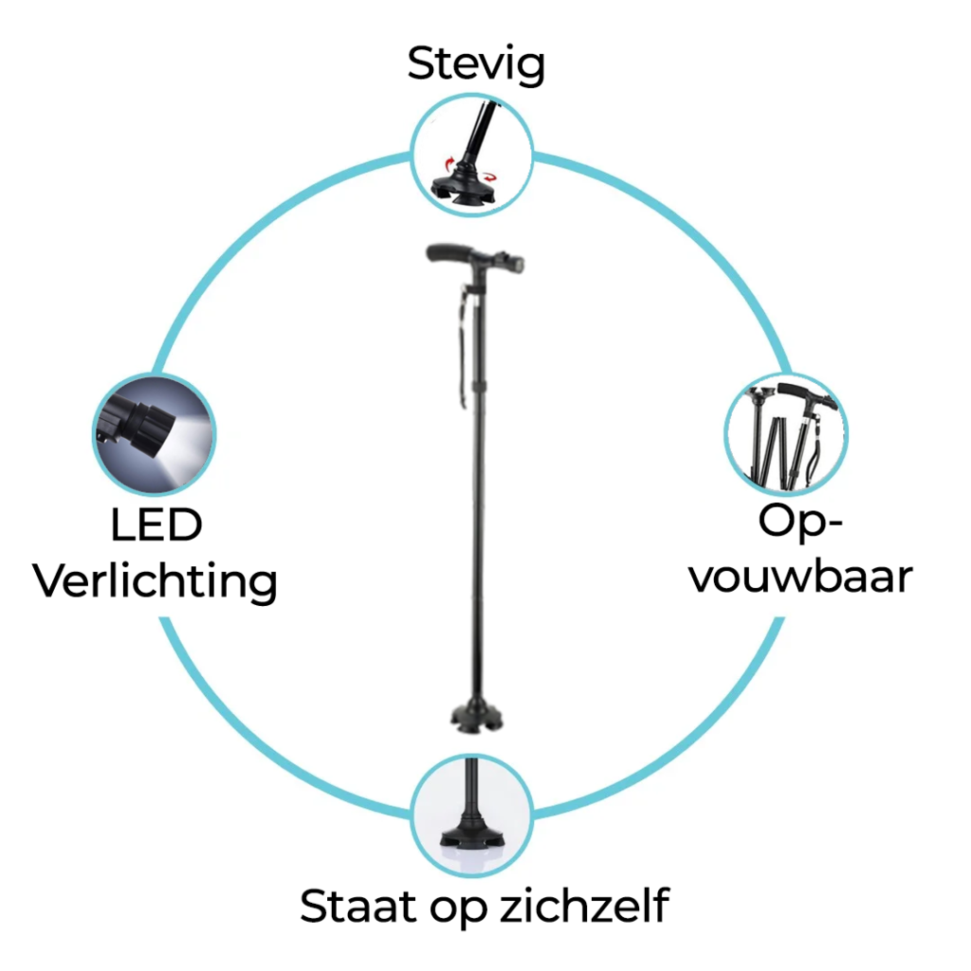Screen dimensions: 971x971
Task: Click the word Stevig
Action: [x=476, y=64]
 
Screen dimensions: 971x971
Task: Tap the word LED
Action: [x=156, y=525]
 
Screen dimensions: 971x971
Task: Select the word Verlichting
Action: [x=155, y=581]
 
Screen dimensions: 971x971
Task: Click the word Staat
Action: [x=357, y=907]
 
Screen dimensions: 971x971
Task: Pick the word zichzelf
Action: [x=584, y=906]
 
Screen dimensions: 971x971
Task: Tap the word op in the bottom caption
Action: [x=458, y=911]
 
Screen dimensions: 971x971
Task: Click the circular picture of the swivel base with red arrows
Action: [x=472, y=155]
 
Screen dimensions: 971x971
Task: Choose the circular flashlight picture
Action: [x=155, y=434]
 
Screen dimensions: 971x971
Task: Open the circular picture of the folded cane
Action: [x=786, y=434]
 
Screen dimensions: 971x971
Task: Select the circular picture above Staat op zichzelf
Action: [x=472, y=815]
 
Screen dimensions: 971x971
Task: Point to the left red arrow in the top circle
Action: [x=450, y=164]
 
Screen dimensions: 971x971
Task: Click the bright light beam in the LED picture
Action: [x=186, y=433]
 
